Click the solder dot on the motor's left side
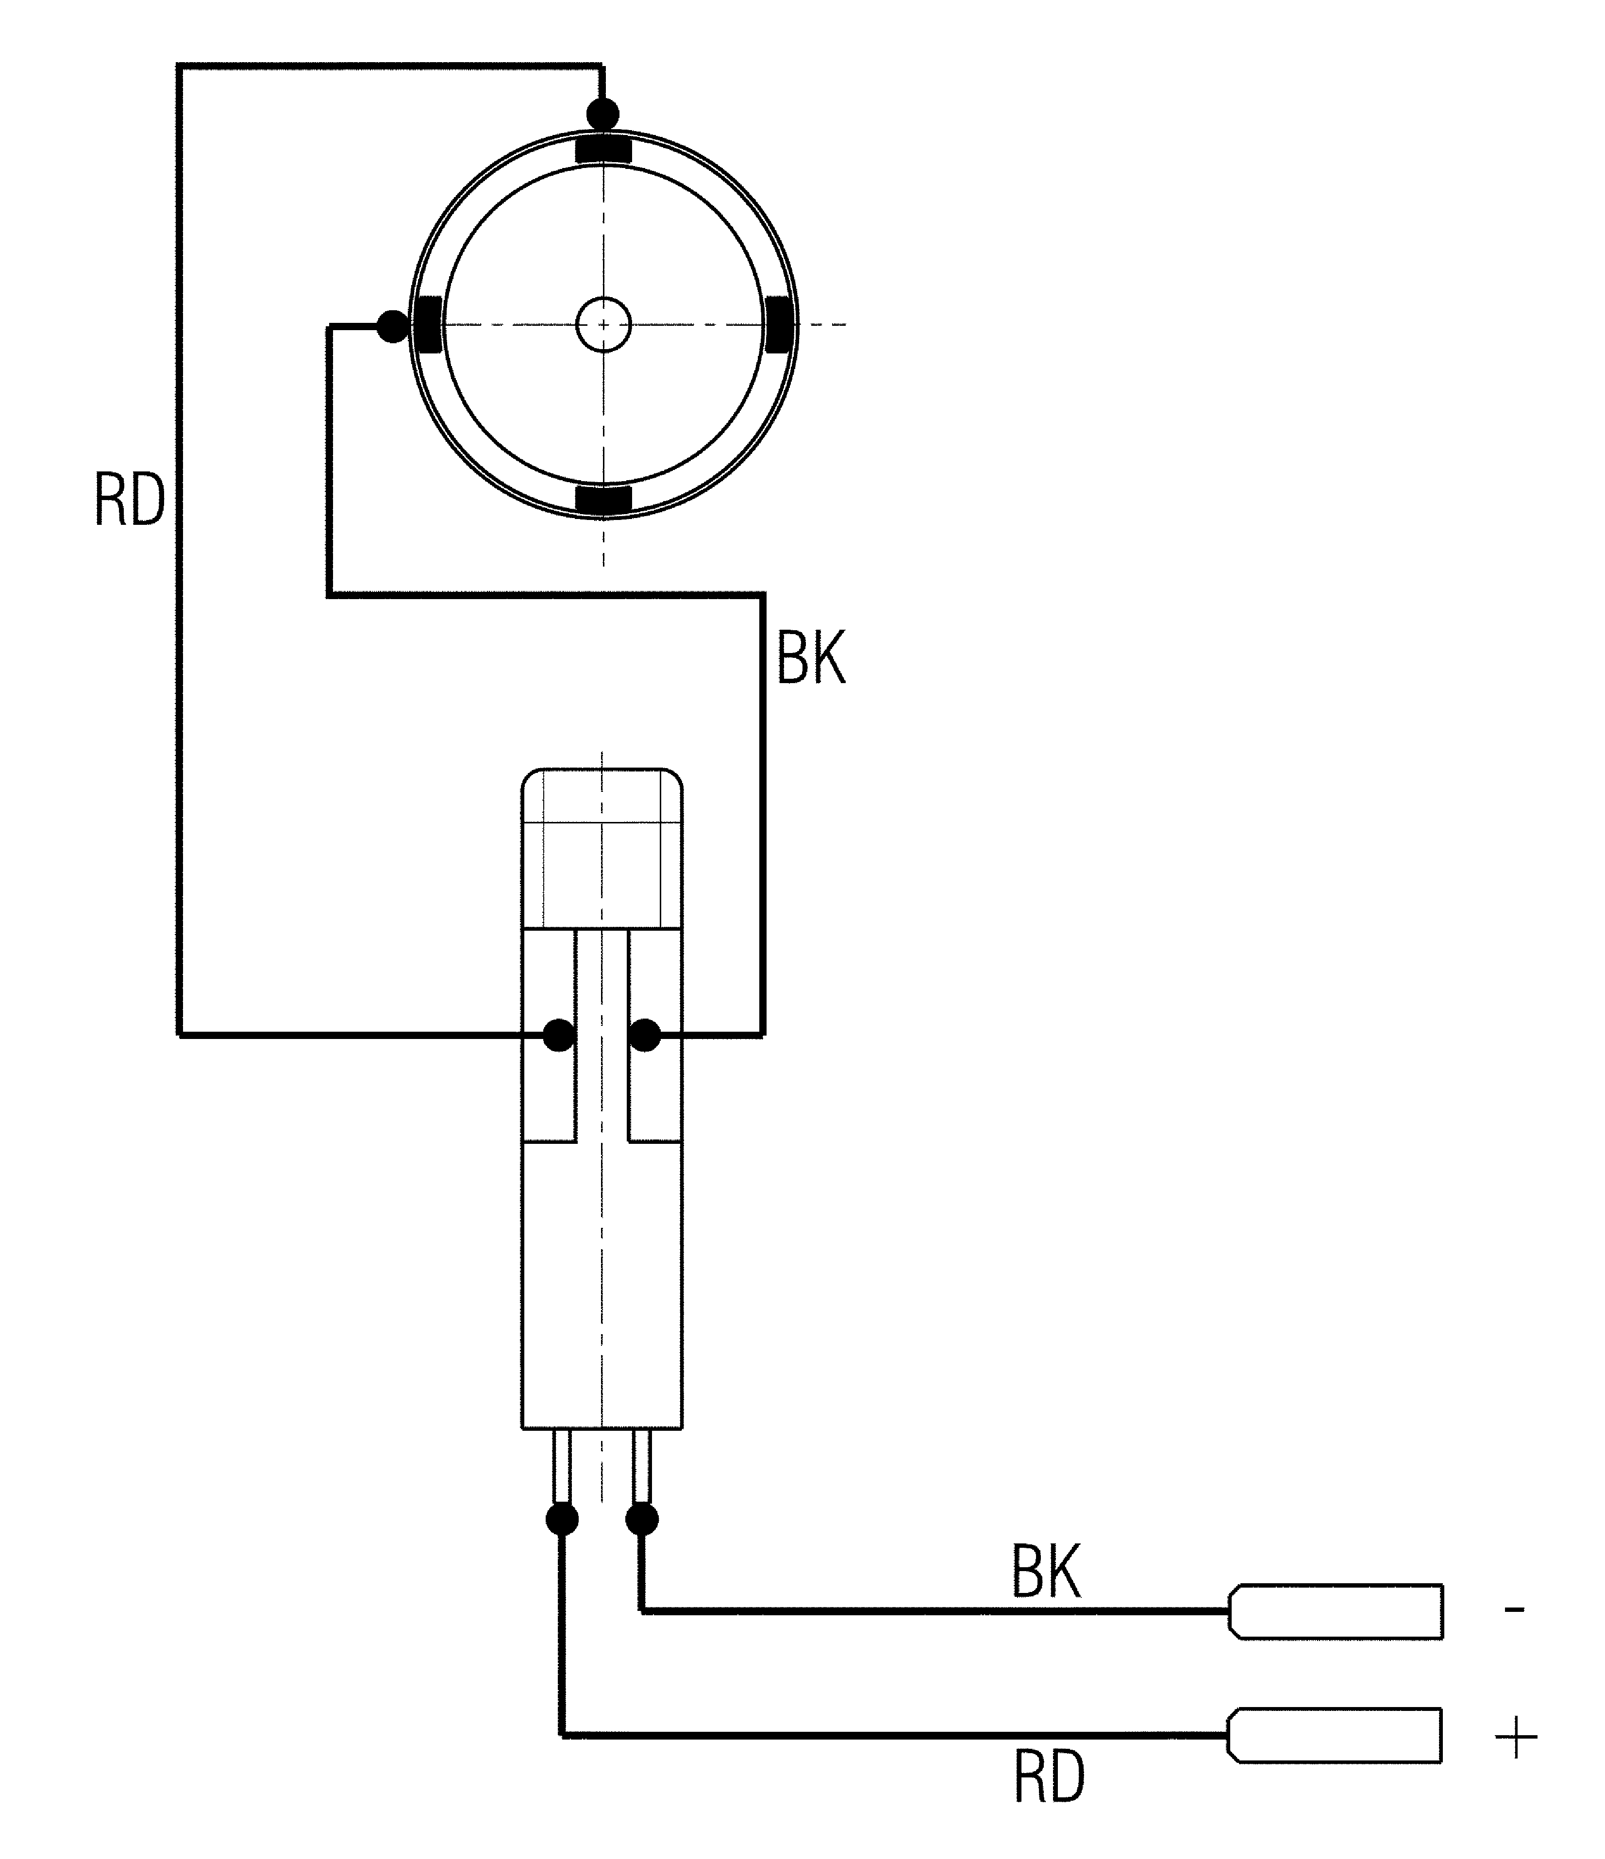(x=392, y=326)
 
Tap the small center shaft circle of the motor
(x=604, y=324)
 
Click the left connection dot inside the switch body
(x=560, y=1035)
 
